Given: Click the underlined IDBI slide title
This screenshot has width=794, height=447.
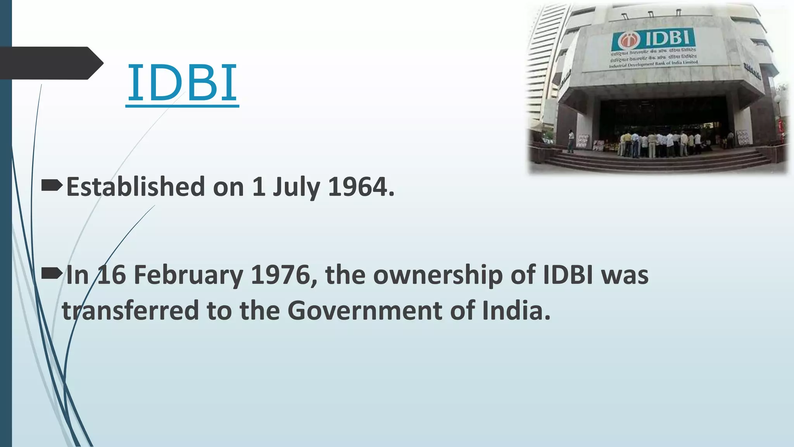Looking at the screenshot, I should tap(182, 83).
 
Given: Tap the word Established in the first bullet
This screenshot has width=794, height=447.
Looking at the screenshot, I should tap(135, 187).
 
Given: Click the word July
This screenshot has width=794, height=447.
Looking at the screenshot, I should tap(296, 187).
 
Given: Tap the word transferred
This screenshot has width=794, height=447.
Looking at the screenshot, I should tap(131, 310).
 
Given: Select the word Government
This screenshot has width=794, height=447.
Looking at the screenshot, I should tap(364, 310).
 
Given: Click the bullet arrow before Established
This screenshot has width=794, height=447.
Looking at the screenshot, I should tap(52, 186).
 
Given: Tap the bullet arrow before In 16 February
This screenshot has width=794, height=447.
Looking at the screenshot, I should tap(52, 274).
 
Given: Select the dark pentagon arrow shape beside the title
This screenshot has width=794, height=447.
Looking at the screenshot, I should tap(50, 63).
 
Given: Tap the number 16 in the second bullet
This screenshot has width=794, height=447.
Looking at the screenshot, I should tap(112, 275).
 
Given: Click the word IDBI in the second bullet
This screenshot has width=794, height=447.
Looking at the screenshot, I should tap(568, 275).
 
